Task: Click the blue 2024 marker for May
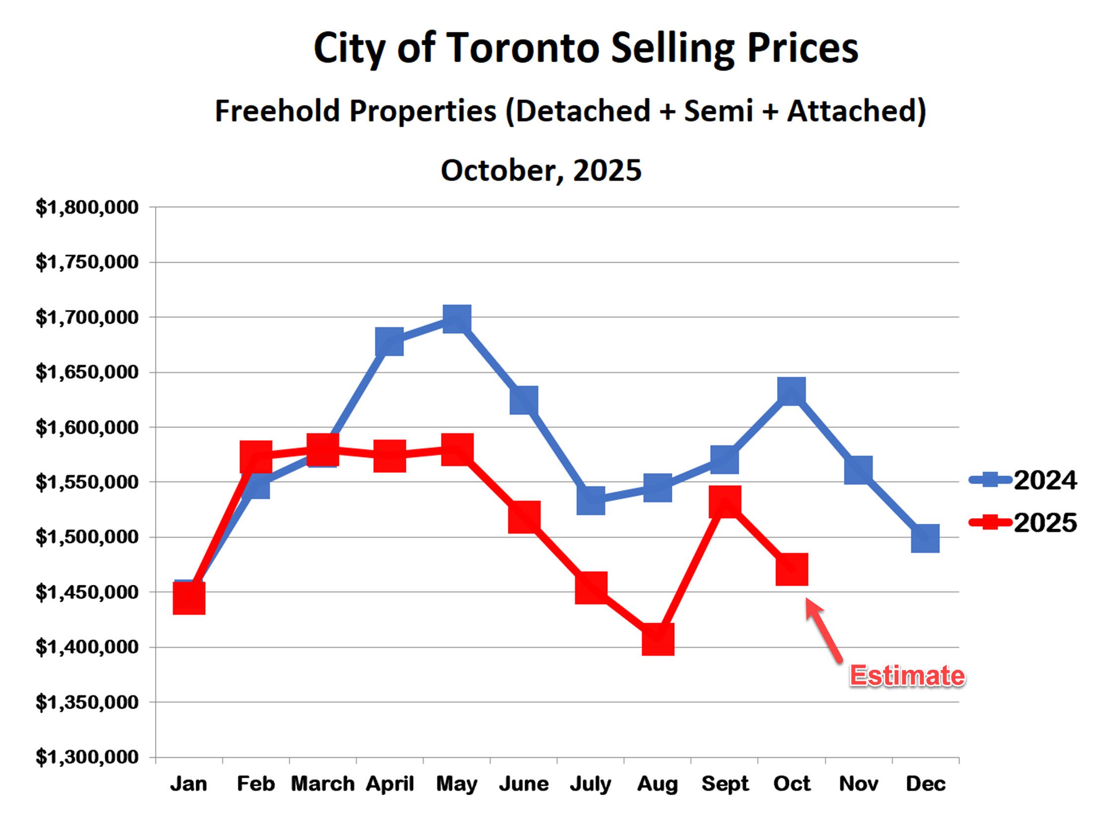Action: click(x=457, y=319)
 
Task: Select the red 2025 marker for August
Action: click(x=658, y=639)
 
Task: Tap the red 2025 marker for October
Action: click(x=791, y=569)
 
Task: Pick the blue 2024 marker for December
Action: click(x=925, y=538)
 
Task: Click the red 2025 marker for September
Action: click(x=725, y=501)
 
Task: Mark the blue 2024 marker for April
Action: click(x=390, y=342)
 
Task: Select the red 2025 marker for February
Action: click(x=256, y=456)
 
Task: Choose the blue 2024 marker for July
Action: click(x=591, y=500)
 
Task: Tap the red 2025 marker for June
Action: click(x=524, y=517)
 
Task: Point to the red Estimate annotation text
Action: click(x=907, y=676)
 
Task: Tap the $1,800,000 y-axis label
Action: click(x=87, y=207)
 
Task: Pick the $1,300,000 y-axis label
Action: click(x=87, y=757)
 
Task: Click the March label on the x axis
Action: click(x=322, y=784)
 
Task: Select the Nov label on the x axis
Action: click(x=859, y=784)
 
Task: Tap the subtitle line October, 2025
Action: click(x=541, y=170)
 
